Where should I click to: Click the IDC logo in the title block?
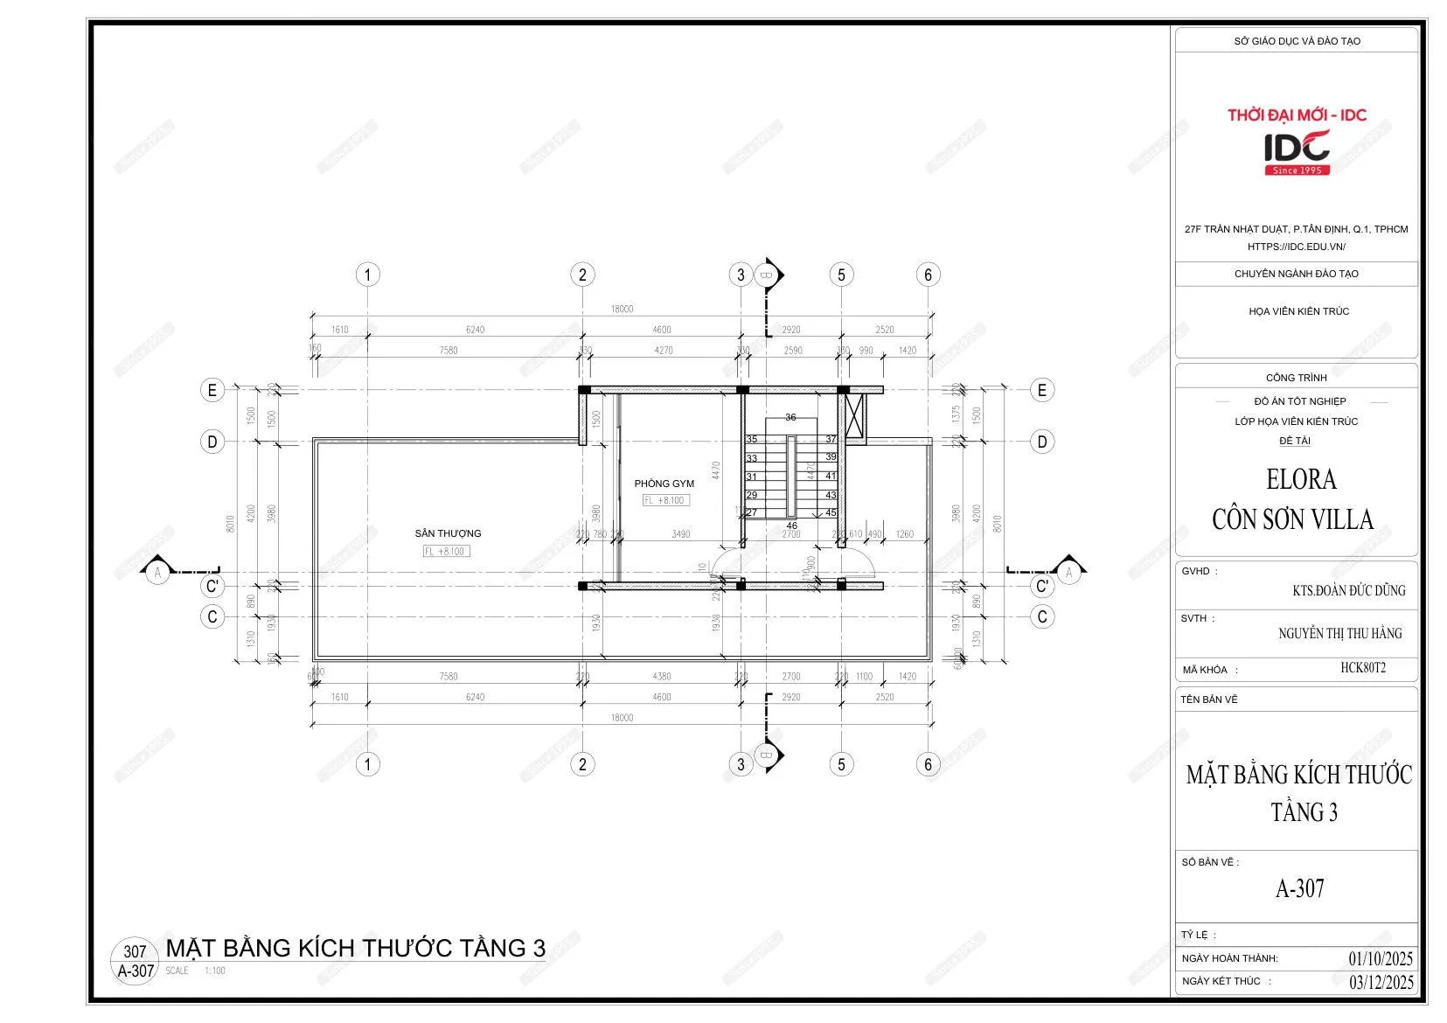pos(1297,150)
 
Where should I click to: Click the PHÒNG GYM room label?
pos(664,484)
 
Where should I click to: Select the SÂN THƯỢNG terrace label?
pos(448,533)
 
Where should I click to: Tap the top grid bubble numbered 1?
pos(367,275)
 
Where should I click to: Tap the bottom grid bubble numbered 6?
pos(928,764)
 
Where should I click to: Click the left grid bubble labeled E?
pos(212,390)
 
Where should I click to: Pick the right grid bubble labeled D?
pos(1041,442)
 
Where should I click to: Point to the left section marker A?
pos(157,573)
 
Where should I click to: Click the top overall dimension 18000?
pos(622,309)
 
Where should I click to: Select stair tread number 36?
pos(790,418)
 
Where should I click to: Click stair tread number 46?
pos(791,525)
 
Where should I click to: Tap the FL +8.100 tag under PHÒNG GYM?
pos(664,500)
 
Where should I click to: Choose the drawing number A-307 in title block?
pos(1299,889)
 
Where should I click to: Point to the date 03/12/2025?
pos(1381,982)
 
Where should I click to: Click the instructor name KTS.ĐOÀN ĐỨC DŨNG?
pos(1348,590)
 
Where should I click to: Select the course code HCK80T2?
pos(1362,668)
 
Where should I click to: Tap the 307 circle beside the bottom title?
pos(135,951)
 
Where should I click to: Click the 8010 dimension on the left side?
pos(231,524)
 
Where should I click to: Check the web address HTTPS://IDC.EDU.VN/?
pos(1296,247)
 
